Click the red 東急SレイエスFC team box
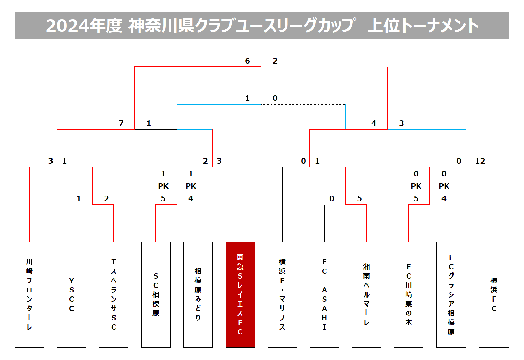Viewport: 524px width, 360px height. pos(240,294)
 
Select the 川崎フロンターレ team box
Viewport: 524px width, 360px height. pos(29,294)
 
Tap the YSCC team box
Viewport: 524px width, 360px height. pos(72,294)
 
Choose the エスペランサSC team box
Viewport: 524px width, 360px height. pos(114,294)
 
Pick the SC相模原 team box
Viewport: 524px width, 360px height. pos(156,294)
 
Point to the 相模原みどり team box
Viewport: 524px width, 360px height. pos(198,294)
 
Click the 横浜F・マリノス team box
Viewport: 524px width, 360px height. pos(282,294)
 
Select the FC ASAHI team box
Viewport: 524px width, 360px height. pos(324,294)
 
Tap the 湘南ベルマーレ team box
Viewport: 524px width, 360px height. pos(366,294)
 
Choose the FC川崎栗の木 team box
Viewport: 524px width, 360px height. pos(409,294)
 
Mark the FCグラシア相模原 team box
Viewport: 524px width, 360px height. pos(451,294)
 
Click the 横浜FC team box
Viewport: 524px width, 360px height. pos(494,294)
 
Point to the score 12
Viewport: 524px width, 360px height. pos(480,161)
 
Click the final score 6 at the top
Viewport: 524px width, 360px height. pos(247,61)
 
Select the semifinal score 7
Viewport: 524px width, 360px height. pos(121,123)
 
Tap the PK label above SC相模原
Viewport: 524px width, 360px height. pos(163,186)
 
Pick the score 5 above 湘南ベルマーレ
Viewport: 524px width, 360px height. pos(360,198)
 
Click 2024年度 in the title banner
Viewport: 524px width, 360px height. pos(84,26)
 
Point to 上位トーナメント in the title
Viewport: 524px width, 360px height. pos(423,26)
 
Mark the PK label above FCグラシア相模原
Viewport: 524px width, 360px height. pos(444,186)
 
